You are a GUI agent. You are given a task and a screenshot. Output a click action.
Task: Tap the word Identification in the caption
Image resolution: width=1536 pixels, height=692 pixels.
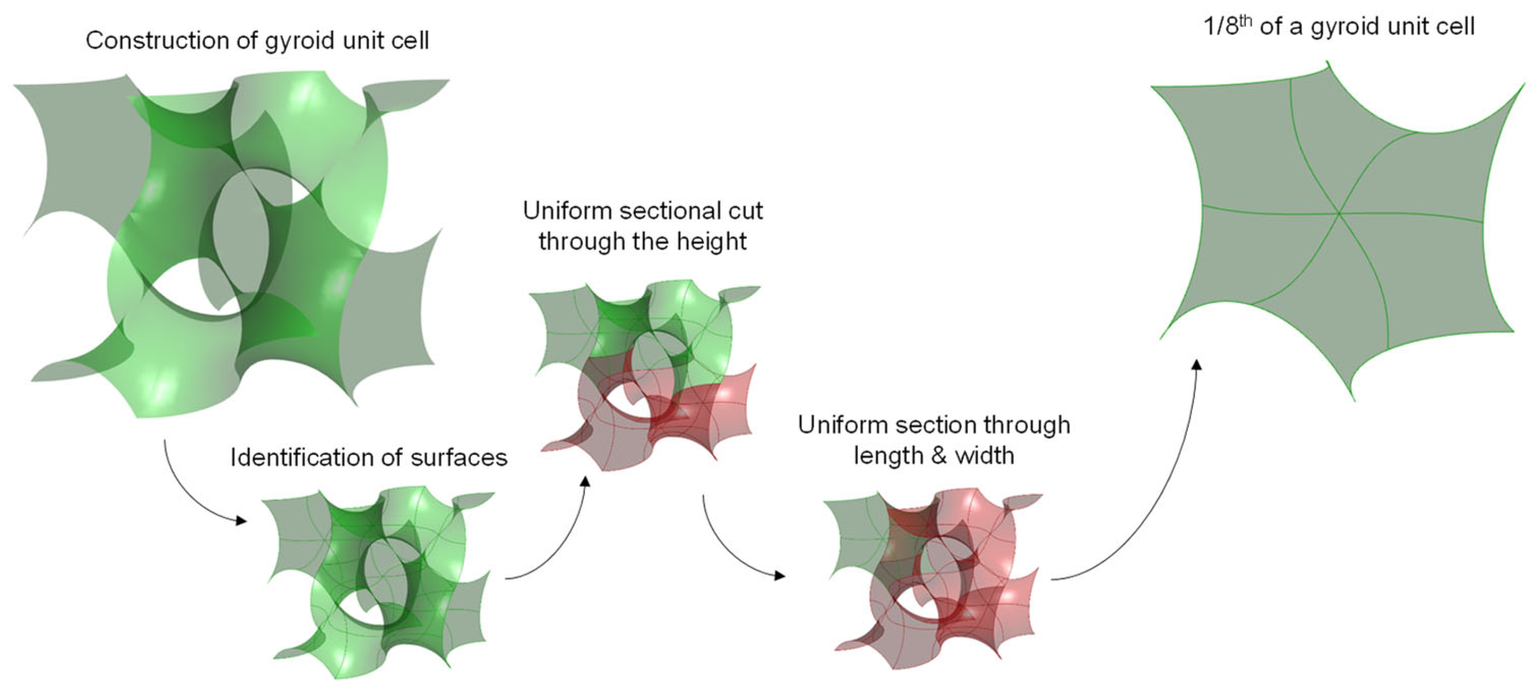tap(301, 458)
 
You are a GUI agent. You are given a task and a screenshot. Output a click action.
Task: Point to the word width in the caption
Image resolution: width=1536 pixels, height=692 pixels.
tap(984, 456)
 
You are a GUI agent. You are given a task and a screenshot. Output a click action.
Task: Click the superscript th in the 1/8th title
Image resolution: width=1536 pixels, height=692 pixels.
tap(1245, 22)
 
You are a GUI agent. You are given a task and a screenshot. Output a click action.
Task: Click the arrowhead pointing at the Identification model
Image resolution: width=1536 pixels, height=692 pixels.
tap(241, 521)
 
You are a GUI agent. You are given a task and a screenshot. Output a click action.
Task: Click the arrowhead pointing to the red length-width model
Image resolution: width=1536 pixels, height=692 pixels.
tap(779, 575)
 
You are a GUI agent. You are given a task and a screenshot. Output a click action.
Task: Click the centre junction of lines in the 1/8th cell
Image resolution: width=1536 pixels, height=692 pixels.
tap(1339, 213)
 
